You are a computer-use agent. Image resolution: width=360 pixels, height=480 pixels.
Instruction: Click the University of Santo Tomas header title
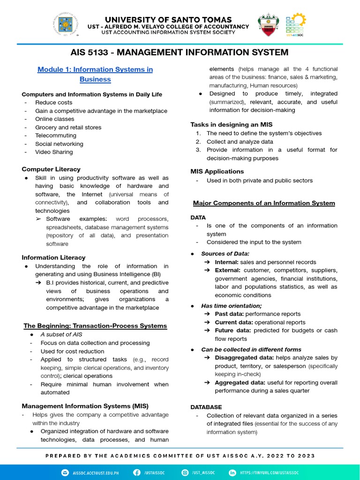[169, 19]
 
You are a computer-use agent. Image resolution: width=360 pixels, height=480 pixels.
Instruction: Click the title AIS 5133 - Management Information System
[179, 52]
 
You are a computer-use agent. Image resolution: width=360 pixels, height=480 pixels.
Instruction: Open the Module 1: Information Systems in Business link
[95, 74]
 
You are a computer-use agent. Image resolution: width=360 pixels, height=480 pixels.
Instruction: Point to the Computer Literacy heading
[51, 169]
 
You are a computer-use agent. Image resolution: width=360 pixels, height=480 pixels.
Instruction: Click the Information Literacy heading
[53, 257]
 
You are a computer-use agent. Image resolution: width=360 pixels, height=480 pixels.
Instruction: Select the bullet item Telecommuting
[55, 135]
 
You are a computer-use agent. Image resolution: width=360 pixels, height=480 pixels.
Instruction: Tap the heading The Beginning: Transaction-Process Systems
[95, 326]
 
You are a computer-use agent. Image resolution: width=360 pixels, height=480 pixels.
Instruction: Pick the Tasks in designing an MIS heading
[225, 124]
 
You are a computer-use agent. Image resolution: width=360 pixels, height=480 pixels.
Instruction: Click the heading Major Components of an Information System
[264, 203]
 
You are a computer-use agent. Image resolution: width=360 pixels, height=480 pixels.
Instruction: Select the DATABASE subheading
[206, 407]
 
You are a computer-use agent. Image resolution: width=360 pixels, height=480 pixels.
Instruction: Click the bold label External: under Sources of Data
[227, 270]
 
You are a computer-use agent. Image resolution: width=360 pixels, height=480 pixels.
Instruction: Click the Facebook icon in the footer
[137, 472]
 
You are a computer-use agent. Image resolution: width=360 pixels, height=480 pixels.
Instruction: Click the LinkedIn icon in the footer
[232, 472]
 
